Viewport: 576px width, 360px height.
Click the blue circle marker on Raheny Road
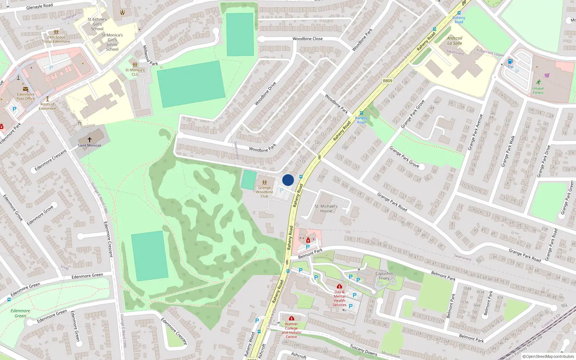(x=288, y=180)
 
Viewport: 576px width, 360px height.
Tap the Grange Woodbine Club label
(x=264, y=192)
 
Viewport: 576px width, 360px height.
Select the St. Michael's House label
(x=326, y=209)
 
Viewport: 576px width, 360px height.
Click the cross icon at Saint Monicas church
(x=90, y=139)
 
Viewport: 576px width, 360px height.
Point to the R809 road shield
(x=388, y=81)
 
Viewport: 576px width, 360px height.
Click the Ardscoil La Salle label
(x=455, y=41)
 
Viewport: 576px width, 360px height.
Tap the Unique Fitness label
(x=538, y=90)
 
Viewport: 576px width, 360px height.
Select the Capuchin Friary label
(x=384, y=276)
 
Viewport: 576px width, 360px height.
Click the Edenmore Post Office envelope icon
(x=26, y=89)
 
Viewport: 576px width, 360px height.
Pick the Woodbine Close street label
(x=307, y=39)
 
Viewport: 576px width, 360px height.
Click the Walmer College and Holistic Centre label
(x=291, y=330)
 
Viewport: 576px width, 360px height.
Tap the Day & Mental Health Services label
(x=339, y=298)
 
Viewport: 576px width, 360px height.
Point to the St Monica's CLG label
(x=135, y=72)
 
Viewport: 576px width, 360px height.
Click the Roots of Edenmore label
(x=48, y=106)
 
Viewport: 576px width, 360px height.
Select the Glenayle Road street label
(x=39, y=6)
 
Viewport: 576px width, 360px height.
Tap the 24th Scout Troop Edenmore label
(x=56, y=39)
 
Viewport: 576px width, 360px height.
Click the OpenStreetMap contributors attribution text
(x=550, y=357)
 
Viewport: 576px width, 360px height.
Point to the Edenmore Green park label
(x=20, y=313)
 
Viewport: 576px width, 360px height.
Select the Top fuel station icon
(x=510, y=62)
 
